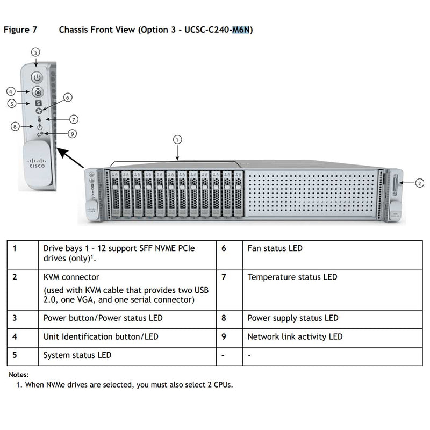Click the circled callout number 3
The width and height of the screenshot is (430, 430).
click(35, 53)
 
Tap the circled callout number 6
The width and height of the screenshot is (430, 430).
click(68, 97)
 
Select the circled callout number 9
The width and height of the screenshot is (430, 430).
click(72, 134)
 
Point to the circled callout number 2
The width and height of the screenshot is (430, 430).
click(420, 183)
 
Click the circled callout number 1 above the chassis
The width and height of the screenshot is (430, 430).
click(177, 139)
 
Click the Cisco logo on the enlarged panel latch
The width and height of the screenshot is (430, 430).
click(37, 163)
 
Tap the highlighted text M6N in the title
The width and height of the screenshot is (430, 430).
click(241, 30)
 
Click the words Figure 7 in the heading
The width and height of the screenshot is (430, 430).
click(20, 30)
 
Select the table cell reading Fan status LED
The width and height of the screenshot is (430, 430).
click(275, 248)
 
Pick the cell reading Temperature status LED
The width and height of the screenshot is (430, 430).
click(292, 277)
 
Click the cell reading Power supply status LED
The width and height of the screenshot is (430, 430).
click(292, 318)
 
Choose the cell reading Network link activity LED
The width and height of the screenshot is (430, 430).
click(295, 337)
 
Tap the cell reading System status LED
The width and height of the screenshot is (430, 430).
click(77, 355)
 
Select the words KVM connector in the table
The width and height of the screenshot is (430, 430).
click(71, 277)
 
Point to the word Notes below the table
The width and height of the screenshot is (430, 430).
click(19, 375)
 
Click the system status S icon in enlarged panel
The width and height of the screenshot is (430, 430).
click(38, 103)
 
